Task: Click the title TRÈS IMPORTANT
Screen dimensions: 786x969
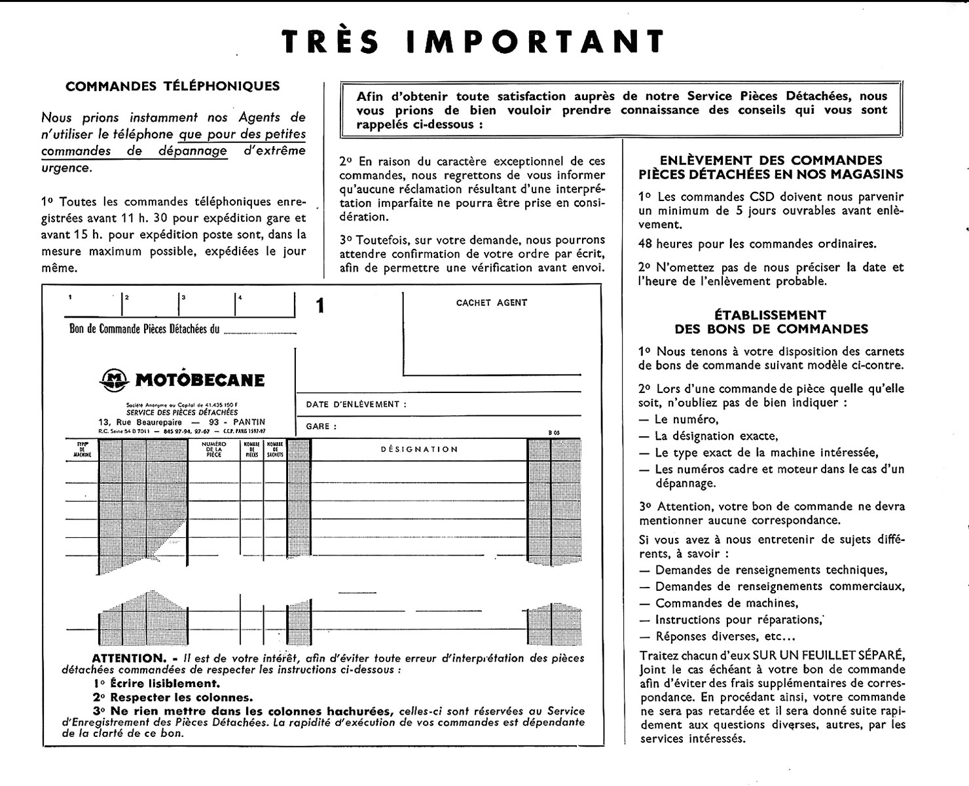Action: tap(473, 41)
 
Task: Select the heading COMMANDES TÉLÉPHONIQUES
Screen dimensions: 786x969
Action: tap(173, 86)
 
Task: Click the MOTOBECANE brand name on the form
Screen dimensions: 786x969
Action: tap(200, 380)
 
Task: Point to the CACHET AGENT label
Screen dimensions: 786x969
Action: tap(491, 303)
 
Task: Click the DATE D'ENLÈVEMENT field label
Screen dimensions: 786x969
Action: tap(356, 404)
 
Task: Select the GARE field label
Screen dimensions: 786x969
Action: tap(318, 426)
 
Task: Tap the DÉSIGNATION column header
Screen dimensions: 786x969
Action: tap(419, 449)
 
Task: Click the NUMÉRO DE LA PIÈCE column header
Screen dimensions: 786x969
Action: tap(214, 449)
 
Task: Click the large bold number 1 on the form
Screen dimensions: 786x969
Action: tap(320, 306)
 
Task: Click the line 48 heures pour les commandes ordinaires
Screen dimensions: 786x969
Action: tap(757, 244)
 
